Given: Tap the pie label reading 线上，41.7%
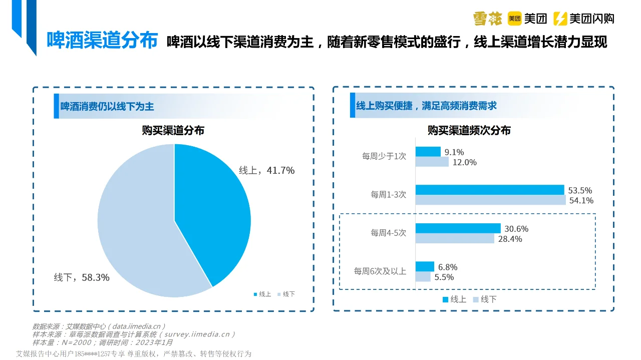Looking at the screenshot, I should [x=266, y=171].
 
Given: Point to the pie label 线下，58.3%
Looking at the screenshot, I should [x=82, y=277].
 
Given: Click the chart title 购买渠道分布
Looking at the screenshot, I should [x=173, y=131].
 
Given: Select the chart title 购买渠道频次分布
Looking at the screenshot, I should [x=469, y=131].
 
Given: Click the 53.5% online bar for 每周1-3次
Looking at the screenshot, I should [x=489, y=190].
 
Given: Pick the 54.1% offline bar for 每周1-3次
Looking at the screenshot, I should [x=490, y=200].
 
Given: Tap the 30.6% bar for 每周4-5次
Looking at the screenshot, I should [x=458, y=228].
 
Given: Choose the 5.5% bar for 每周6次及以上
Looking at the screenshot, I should [x=423, y=277].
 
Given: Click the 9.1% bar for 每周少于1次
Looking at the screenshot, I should [x=428, y=152].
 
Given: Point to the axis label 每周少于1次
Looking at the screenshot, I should [x=384, y=156].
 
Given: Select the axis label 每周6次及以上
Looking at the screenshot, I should [x=380, y=271].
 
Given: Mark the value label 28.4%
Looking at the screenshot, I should [x=510, y=239].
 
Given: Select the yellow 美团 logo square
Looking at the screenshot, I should [x=515, y=19].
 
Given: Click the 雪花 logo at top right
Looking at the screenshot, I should [x=488, y=19].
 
